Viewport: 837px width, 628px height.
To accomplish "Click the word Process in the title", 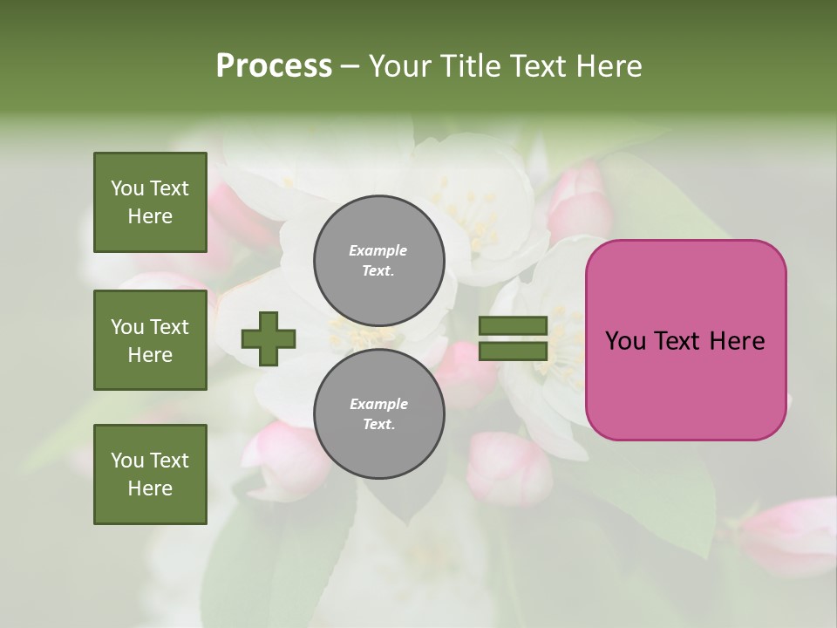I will (274, 66).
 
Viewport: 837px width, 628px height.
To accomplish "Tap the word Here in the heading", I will (606, 66).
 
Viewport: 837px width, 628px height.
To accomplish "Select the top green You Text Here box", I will (150, 202).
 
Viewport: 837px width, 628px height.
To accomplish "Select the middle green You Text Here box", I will (150, 340).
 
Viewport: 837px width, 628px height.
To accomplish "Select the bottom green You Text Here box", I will (150, 474).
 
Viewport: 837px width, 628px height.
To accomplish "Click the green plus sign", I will (269, 338).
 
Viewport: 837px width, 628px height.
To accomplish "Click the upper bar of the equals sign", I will (513, 326).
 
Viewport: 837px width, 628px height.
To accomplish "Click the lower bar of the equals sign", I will (513, 352).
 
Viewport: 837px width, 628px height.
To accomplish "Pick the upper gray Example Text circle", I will (378, 260).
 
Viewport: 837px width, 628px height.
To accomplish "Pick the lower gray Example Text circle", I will (378, 413).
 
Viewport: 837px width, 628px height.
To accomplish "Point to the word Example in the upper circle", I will (378, 250).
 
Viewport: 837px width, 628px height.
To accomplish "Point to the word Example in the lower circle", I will (378, 404).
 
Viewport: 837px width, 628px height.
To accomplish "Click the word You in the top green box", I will (127, 188).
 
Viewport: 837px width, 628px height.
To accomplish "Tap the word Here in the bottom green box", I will (150, 488).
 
